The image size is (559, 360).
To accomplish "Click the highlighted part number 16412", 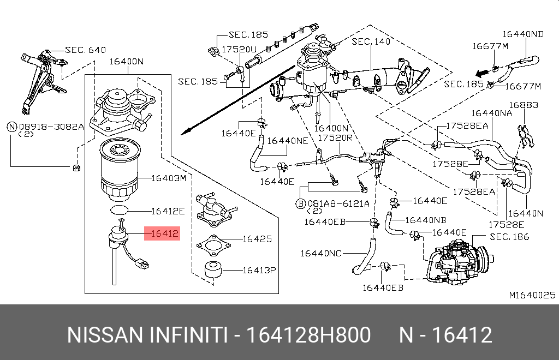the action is coord(164,233).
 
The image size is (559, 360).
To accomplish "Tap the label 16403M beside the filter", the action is coord(169,178).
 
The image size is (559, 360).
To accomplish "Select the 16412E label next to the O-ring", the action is coord(168,211).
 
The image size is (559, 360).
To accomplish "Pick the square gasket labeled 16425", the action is coord(213,245).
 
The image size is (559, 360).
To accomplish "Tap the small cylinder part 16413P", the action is coord(213,269).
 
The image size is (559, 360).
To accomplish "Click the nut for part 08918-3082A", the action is coord(76,167).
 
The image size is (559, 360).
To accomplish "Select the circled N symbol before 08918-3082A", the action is coord(12,127).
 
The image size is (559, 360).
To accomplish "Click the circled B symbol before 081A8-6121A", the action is coord(301,203).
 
